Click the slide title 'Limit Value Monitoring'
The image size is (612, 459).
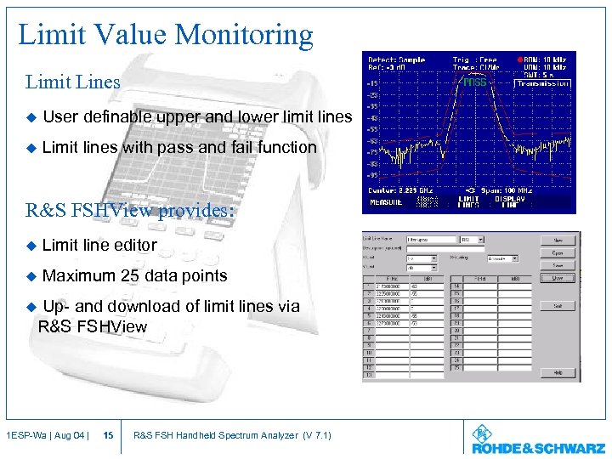(166, 35)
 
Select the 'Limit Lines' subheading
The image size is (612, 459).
(73, 82)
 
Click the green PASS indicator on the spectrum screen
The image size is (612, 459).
(474, 82)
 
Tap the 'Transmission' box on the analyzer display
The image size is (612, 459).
(544, 83)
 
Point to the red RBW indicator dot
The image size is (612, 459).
(520, 59)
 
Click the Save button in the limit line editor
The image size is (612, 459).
(558, 265)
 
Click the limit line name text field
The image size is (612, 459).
(431, 240)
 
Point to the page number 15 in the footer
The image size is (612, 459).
(108, 436)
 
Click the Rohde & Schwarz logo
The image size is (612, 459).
(538, 441)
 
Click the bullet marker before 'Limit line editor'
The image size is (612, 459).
(32, 246)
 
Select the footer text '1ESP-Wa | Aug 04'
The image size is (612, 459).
(43, 436)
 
